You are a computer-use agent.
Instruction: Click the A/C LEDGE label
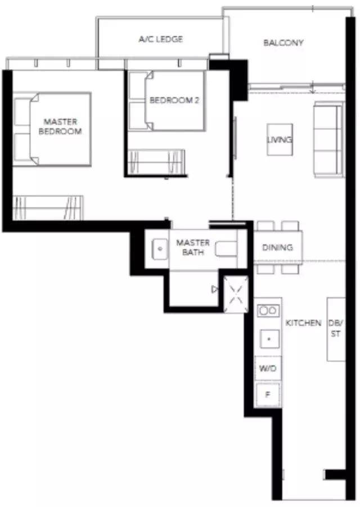(161, 39)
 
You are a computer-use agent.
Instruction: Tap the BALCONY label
(283, 43)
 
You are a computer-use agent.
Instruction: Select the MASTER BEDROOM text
(60, 126)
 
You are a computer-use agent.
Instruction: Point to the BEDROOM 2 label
(174, 100)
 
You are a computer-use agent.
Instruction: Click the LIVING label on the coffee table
(280, 140)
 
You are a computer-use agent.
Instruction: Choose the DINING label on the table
(277, 248)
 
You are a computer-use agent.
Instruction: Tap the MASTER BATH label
(193, 247)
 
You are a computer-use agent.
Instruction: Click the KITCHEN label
(303, 323)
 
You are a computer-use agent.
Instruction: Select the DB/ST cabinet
(336, 329)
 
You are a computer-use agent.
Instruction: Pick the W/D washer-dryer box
(268, 368)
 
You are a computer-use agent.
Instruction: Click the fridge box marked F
(268, 395)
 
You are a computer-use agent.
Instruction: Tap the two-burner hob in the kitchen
(268, 311)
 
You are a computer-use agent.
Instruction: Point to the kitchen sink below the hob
(269, 338)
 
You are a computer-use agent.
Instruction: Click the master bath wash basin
(160, 249)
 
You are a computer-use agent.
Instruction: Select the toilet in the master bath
(226, 249)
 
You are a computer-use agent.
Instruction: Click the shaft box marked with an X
(236, 295)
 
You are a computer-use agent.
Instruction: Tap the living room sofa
(328, 139)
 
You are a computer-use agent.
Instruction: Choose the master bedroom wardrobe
(48, 208)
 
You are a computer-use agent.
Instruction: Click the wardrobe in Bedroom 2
(156, 162)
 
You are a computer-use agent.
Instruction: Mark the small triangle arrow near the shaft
(215, 289)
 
